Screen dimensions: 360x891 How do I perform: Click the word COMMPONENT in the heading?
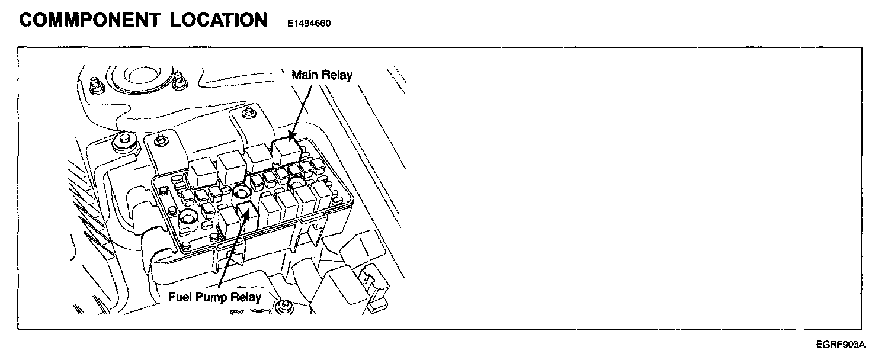89,20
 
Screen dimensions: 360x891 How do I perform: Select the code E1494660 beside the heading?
309,24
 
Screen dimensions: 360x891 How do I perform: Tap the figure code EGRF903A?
841,344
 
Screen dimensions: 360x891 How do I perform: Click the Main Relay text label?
322,75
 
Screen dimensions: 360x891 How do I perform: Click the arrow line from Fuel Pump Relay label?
231,255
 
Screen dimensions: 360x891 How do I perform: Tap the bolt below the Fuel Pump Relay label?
285,307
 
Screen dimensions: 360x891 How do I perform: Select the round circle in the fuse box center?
241,193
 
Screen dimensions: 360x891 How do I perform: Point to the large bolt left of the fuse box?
123,140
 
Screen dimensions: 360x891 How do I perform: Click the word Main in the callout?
305,75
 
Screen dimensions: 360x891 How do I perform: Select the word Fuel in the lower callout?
180,297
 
